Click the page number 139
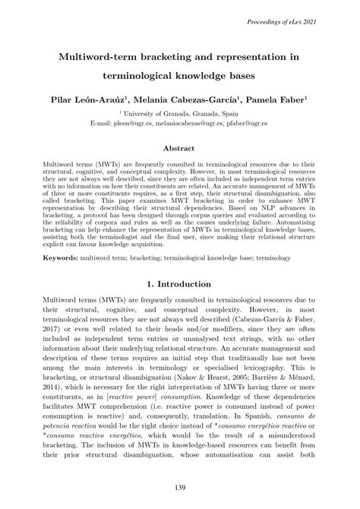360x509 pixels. [x=180, y=487]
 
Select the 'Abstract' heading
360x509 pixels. [x=180, y=148]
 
